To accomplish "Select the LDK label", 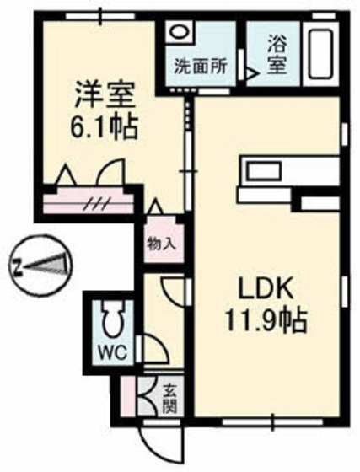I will pos(267,288).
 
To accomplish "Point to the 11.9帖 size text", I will pos(267,321).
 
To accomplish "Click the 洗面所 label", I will pos(199,66).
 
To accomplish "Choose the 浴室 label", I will pos(276,53).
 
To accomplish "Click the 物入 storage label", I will pos(161,245).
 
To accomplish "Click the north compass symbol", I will pos(40,265).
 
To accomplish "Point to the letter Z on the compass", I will pos(17,268).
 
